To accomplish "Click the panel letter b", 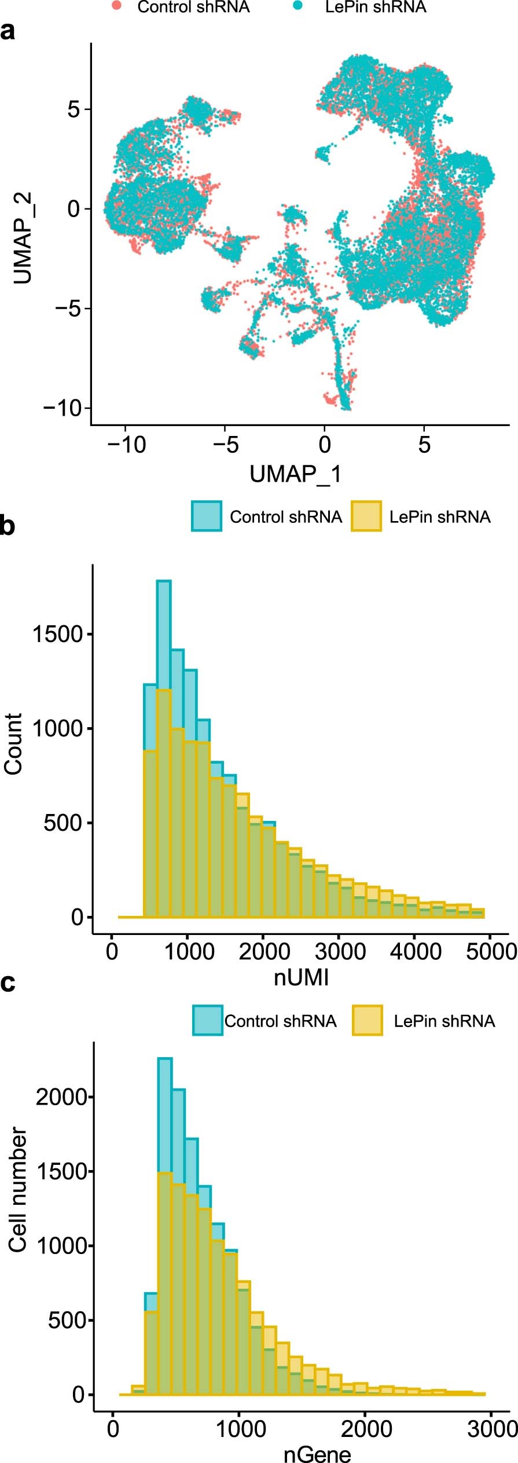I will coord(8,526).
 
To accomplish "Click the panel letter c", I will coord(8,982).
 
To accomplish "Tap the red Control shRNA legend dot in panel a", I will coord(117,6).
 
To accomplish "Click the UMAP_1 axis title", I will coord(295,474).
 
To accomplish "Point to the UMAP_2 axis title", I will coord(22,238).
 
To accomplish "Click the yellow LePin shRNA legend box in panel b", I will coord(366,516).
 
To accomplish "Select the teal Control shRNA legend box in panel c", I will coord(207,1020).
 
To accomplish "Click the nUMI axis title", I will coord(301,977).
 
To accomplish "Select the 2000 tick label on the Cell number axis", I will coord(61,1097).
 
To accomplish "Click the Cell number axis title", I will coord(17,1190).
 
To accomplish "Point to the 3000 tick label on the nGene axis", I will coord(492,1429).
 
